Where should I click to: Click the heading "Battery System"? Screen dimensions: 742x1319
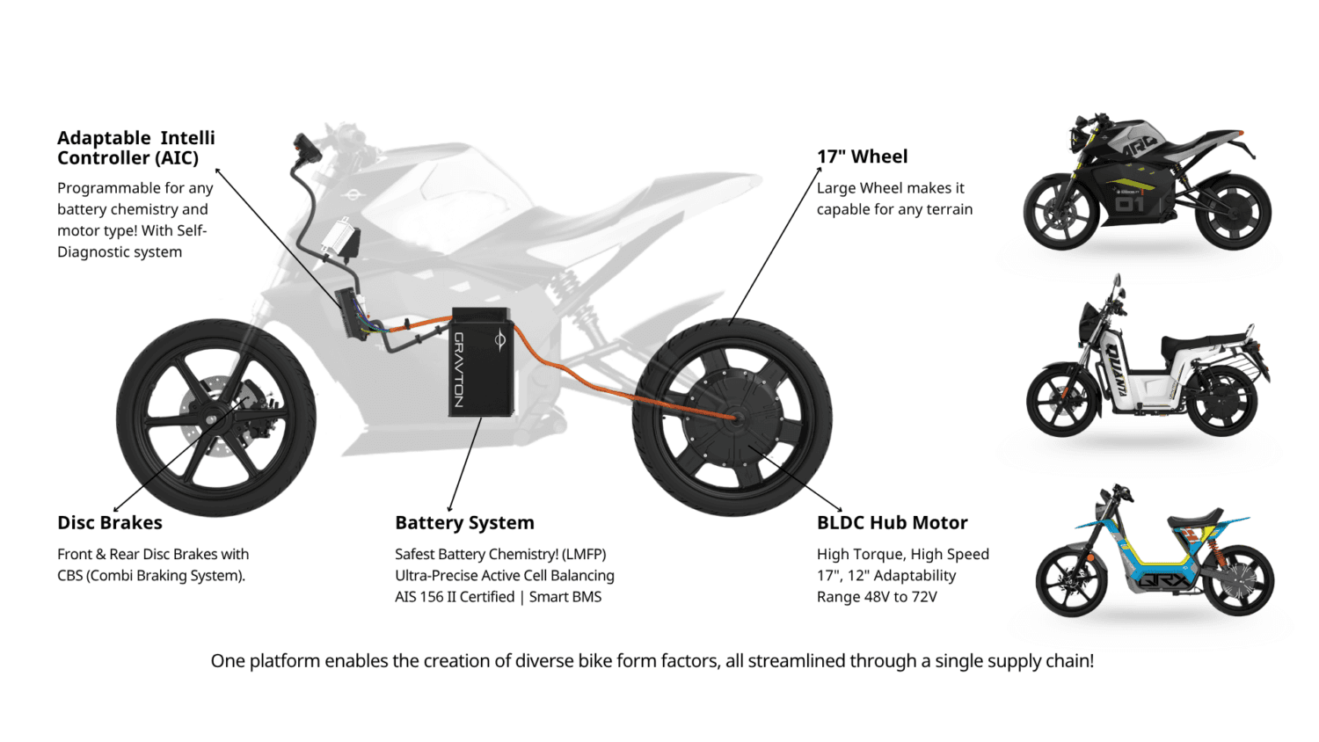(464, 523)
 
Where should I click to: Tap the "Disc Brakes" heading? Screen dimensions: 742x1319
(110, 523)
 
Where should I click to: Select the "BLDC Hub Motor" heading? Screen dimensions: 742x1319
(892, 523)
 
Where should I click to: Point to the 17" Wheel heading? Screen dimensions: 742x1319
(862, 156)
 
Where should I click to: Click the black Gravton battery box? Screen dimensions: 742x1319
(481, 362)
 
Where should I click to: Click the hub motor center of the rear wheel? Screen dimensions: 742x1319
(734, 418)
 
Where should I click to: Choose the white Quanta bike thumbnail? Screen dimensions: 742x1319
(1148, 360)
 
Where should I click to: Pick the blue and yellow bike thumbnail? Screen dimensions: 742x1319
(1154, 554)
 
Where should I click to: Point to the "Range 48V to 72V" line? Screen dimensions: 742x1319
(877, 597)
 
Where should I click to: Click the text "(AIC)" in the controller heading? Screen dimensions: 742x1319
(177, 158)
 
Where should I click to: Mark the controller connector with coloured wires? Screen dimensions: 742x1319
(352, 313)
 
